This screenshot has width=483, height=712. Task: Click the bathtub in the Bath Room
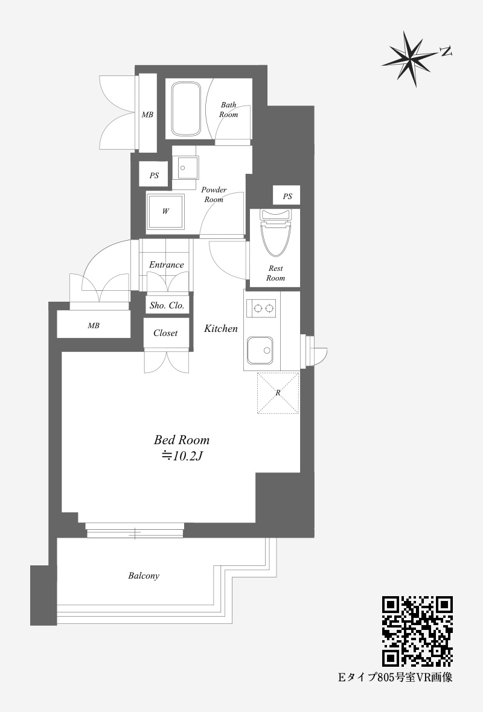pyautogui.click(x=186, y=109)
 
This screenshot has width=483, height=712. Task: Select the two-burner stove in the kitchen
pyautogui.click(x=261, y=308)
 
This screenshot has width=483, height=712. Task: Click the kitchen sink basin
pyautogui.click(x=260, y=350)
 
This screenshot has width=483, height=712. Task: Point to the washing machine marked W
pyautogui.click(x=165, y=211)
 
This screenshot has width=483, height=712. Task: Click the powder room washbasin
pyautogui.click(x=185, y=168)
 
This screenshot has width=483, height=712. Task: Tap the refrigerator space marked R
pyautogui.click(x=278, y=393)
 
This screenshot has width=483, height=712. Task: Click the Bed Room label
pyautogui.click(x=182, y=439)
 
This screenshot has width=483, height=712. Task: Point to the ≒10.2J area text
pyautogui.click(x=182, y=456)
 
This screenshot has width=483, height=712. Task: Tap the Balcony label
pyautogui.click(x=144, y=576)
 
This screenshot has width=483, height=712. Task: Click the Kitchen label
pyautogui.click(x=221, y=328)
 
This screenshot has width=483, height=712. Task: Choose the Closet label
pyautogui.click(x=165, y=333)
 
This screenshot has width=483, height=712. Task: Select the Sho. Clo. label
pyautogui.click(x=167, y=305)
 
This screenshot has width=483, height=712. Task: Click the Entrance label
pyautogui.click(x=166, y=265)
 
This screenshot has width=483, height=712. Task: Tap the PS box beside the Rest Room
pyautogui.click(x=287, y=195)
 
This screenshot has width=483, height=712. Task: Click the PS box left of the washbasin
pyautogui.click(x=153, y=175)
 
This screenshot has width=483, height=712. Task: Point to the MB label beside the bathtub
pyautogui.click(x=147, y=115)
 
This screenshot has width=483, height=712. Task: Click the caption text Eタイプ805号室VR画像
pyautogui.click(x=395, y=678)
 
